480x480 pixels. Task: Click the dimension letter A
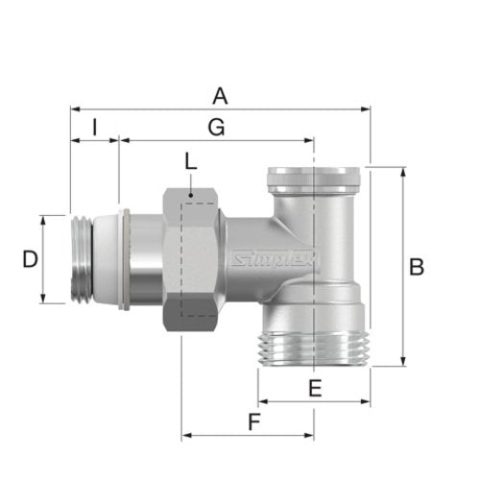tap(220, 97)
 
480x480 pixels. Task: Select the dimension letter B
tap(417, 267)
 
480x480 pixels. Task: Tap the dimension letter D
tap(30, 259)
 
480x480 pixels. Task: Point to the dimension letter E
tap(315, 388)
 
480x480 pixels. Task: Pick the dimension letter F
tap(254, 421)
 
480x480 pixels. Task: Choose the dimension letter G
tap(216, 128)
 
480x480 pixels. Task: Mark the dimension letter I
tap(94, 127)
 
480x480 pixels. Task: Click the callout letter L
tap(191, 162)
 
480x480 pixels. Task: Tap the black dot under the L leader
tap(191, 195)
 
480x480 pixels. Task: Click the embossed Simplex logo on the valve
tap(275, 258)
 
